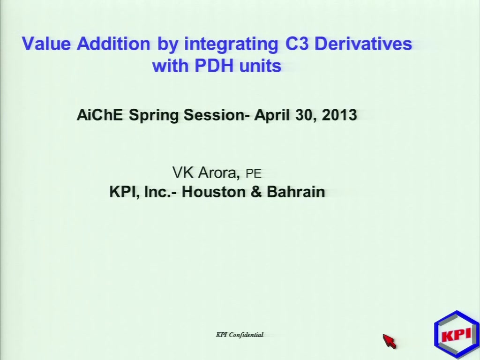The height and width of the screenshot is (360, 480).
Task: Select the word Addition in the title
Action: click(113, 44)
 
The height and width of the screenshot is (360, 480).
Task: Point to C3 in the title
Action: click(297, 44)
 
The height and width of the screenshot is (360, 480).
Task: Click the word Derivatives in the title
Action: click(363, 44)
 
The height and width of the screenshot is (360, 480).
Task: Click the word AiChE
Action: click(100, 115)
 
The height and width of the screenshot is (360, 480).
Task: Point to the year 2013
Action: click(339, 115)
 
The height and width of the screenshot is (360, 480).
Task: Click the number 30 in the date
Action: click(306, 115)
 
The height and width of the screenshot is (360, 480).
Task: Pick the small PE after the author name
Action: click(254, 173)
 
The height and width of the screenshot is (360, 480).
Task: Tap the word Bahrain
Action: click(296, 192)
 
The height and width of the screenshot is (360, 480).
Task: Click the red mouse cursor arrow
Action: click(390, 341)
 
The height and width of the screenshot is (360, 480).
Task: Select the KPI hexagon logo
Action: click(457, 334)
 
